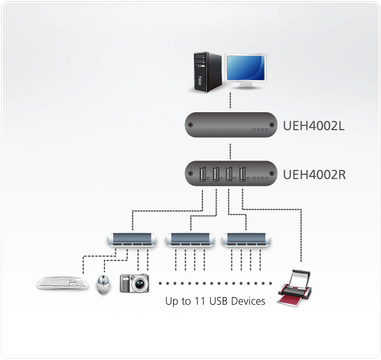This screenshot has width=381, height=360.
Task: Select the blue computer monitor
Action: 245,70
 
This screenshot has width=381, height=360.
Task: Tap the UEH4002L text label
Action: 314,127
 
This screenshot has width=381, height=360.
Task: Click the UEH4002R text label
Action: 314,175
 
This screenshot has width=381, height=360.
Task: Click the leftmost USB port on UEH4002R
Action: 202,174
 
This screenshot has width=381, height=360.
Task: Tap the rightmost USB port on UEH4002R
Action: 242,174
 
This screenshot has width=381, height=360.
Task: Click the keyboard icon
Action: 63,283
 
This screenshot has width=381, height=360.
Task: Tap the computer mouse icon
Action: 103,284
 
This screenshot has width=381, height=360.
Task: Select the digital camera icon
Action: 134,283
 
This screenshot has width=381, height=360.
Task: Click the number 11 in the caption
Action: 200,301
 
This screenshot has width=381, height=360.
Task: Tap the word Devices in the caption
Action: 247,301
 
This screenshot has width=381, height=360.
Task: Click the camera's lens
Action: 139,284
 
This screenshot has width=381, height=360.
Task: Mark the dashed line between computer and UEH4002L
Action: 231,101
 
